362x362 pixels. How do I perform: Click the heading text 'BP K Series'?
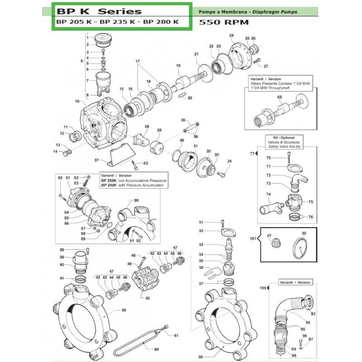[x=97, y=11]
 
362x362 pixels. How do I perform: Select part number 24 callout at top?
[x=232, y=36]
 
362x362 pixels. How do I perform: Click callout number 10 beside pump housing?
[x=77, y=101]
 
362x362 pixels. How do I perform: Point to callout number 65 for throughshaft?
[x=279, y=97]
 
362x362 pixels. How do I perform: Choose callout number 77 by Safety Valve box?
[x=252, y=154]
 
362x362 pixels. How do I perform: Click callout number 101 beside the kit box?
[x=252, y=238]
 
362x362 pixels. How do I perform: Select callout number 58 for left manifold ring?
[x=123, y=310]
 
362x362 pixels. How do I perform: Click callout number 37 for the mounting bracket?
[x=96, y=160]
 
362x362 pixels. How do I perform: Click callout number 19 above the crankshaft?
[x=178, y=66]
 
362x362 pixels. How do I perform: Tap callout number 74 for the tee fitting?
[x=269, y=195]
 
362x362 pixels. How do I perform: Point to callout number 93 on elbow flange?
[x=313, y=314]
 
